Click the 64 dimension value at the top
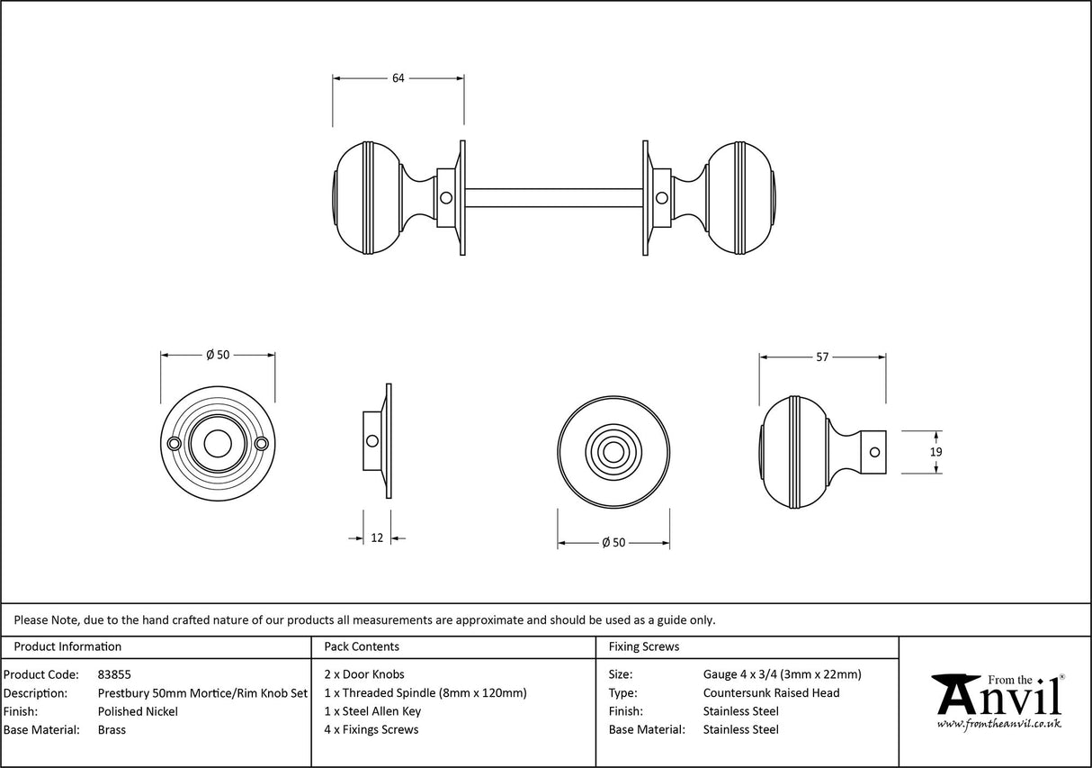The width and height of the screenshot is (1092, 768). (398, 78)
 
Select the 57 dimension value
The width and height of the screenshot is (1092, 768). (822, 357)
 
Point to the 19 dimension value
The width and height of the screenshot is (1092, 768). (935, 452)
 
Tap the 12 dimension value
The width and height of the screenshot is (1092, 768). (377, 538)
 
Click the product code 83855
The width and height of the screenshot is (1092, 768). (114, 674)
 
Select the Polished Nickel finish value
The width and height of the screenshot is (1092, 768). (138, 711)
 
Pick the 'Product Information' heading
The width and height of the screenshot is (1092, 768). (67, 646)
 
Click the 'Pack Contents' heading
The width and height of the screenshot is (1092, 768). (361, 646)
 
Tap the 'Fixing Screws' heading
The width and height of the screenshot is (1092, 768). (644, 646)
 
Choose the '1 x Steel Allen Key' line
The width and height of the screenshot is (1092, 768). (372, 711)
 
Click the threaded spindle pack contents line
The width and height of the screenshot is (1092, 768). (425, 693)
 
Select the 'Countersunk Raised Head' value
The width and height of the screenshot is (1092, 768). (771, 693)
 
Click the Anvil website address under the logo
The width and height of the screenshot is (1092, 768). (998, 724)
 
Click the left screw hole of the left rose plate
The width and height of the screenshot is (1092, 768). (174, 444)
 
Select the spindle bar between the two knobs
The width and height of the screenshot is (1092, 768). (553, 197)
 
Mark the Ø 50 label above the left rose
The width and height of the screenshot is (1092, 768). (218, 355)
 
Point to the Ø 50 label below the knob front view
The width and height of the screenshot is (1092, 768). (613, 543)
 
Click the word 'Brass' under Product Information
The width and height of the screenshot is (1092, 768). (112, 730)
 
